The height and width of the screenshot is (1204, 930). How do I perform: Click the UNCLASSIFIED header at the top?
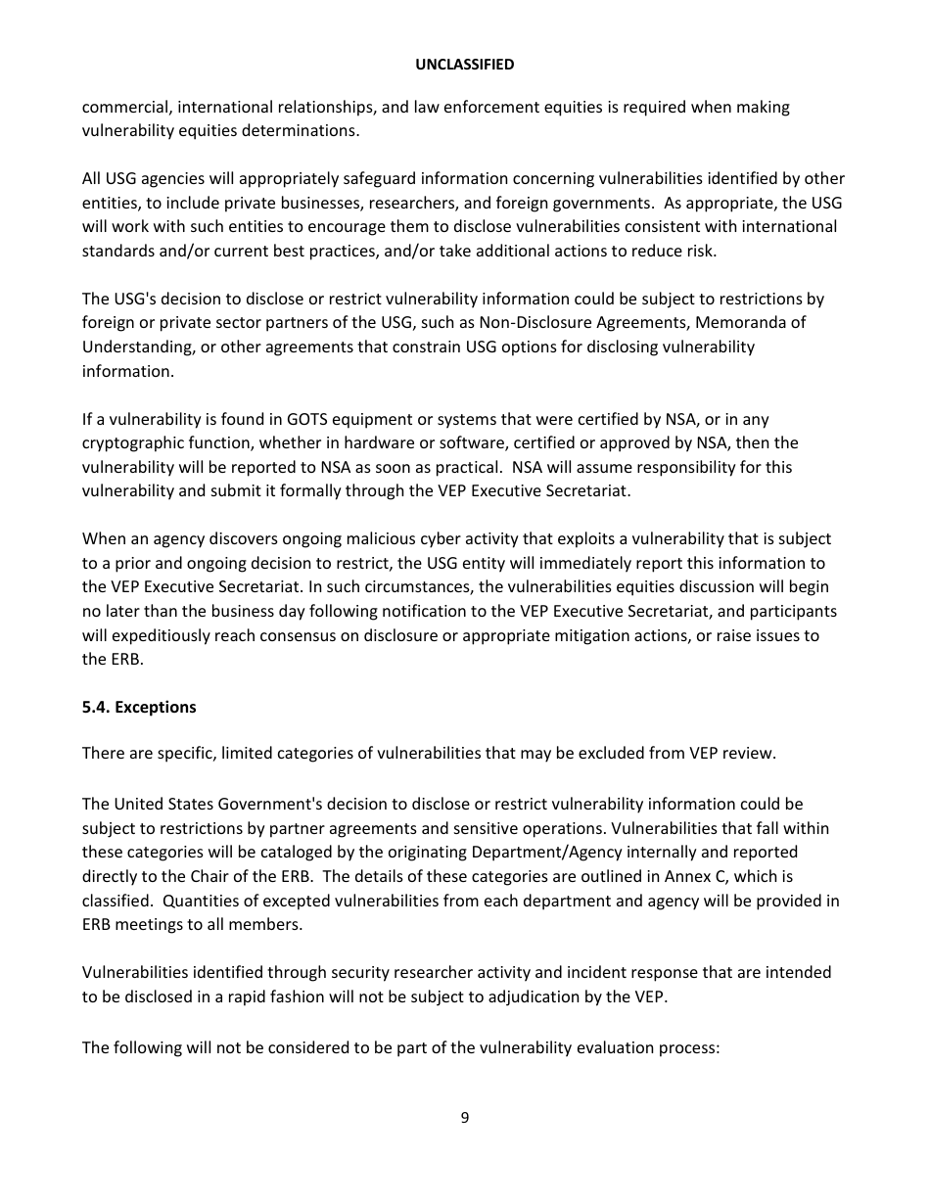464,64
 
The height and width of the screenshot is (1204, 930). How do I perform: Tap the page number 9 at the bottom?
464,1118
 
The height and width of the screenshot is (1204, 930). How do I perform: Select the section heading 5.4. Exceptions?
139,707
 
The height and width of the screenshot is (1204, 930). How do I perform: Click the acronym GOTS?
281,420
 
